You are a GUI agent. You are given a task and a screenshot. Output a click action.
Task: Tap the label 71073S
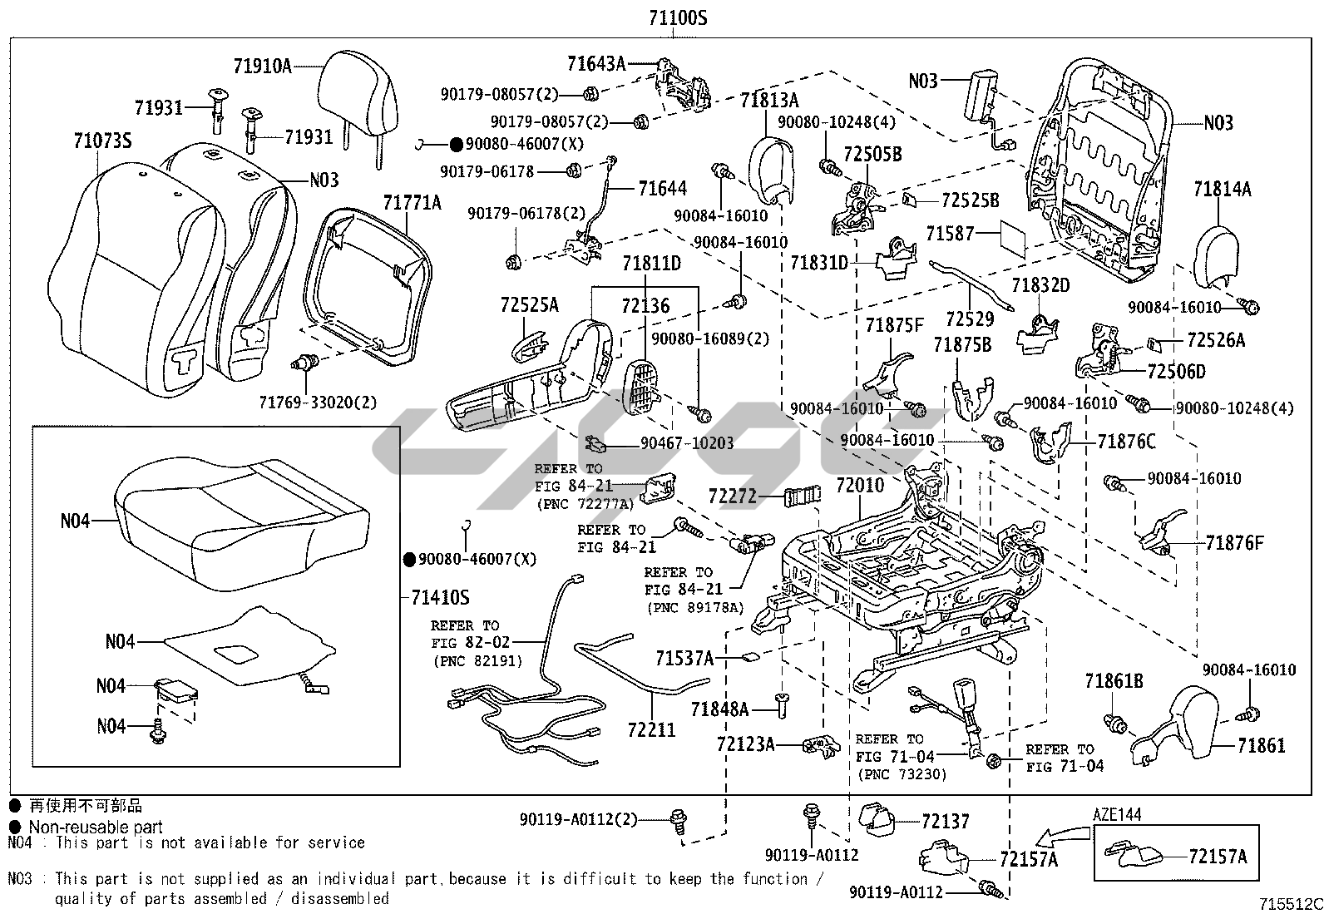pyautogui.click(x=101, y=141)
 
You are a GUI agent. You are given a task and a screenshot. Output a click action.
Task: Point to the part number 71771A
pyautogui.click(x=413, y=202)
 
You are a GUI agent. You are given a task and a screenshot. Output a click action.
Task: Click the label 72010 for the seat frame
pyautogui.click(x=859, y=485)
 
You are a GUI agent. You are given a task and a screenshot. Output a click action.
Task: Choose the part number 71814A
pyautogui.click(x=1222, y=189)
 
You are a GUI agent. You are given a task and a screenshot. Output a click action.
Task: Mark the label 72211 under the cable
pyautogui.click(x=651, y=730)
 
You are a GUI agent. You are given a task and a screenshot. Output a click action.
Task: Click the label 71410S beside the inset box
pyautogui.click(x=440, y=597)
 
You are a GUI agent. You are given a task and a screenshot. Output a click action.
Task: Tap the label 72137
pyautogui.click(x=946, y=822)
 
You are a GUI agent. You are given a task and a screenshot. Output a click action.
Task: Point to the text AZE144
pyautogui.click(x=1117, y=814)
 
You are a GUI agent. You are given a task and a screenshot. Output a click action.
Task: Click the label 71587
pyautogui.click(x=950, y=234)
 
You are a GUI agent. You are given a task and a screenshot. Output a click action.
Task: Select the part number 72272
pyautogui.click(x=733, y=497)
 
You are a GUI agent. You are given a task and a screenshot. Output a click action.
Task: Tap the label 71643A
pyautogui.click(x=595, y=63)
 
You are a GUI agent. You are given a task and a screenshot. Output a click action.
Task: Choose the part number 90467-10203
pyautogui.click(x=687, y=443)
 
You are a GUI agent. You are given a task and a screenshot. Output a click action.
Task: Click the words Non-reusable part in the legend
pyautogui.click(x=96, y=827)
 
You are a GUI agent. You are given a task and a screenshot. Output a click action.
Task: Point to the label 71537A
pyautogui.click(x=684, y=659)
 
